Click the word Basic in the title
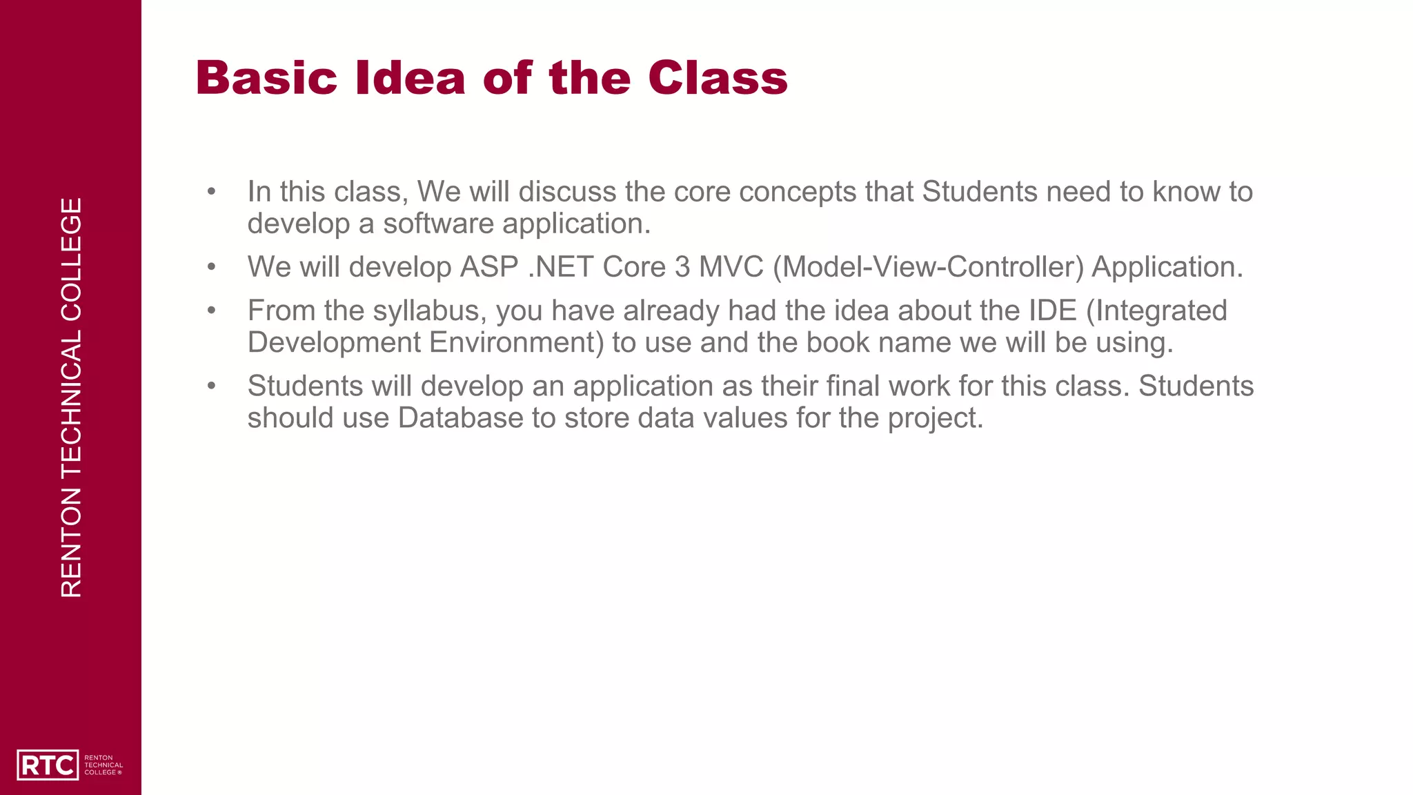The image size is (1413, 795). pos(266,77)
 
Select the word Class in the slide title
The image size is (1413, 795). pos(718,77)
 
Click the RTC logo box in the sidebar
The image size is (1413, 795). pos(47,765)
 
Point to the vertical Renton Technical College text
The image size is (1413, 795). pos(71,397)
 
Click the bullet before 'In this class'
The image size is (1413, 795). pos(211,192)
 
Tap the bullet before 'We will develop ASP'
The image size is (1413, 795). pos(211,267)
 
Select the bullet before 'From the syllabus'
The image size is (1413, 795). pos(211,311)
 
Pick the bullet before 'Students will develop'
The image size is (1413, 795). pos(211,386)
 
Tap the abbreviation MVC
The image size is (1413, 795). pos(731,267)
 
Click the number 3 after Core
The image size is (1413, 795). pos(682,267)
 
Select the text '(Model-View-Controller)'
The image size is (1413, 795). pos(928,267)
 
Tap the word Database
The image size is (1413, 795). pos(460,418)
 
